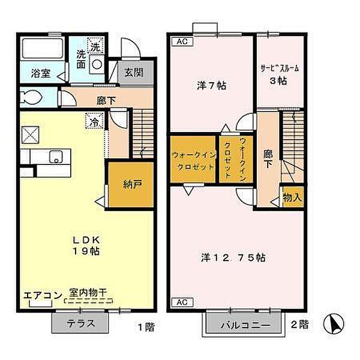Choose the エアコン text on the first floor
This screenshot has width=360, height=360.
tap(42, 295)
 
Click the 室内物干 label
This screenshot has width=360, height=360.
tap(88, 292)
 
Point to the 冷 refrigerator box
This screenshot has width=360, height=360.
tap(95, 121)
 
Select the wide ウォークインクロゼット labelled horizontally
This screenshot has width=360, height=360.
tap(193, 160)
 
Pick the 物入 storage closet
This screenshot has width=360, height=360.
tap(291, 197)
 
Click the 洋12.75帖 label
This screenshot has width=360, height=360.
tap(233, 258)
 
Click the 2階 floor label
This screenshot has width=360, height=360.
tap(299, 325)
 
